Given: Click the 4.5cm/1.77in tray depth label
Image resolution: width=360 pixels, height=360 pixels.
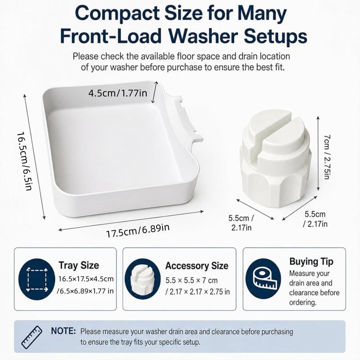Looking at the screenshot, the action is (x=117, y=93).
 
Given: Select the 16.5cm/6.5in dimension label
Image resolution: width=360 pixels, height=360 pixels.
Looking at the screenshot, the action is (x=24, y=161).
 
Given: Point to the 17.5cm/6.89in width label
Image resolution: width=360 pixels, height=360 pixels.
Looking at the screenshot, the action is (x=138, y=230).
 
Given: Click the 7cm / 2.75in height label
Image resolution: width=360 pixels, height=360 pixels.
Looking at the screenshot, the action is (x=327, y=157).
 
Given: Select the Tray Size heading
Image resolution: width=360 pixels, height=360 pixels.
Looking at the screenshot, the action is (x=79, y=265).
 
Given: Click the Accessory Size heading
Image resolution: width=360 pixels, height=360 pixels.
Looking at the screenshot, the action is (x=197, y=266).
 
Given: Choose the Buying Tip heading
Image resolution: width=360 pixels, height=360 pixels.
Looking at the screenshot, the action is (x=311, y=262).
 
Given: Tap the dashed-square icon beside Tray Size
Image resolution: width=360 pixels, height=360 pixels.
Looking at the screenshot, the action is (x=37, y=279).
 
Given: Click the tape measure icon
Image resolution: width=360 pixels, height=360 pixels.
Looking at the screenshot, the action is (x=263, y=279).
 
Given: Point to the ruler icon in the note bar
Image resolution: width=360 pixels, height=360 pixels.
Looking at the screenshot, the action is (x=31, y=337).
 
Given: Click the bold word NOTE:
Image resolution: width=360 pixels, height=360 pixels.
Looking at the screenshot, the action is (x=63, y=331).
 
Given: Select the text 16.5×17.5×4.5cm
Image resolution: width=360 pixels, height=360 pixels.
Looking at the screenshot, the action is (x=86, y=279).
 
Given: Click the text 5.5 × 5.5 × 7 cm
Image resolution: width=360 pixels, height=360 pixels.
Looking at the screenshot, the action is (x=192, y=280).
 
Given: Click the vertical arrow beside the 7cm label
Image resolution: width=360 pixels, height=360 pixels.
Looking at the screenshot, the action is (x=318, y=153).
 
